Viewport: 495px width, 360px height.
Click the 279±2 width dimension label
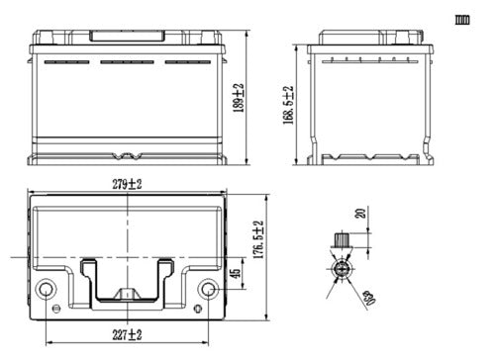tap(127, 184)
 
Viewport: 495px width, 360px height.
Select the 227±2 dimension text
tap(127, 335)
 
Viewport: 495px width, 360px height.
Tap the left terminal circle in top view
tap(47, 289)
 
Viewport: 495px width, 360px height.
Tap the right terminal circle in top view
tap(208, 289)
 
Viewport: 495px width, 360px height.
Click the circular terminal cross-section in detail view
tap(342, 269)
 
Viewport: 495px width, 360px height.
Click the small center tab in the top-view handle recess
tap(127, 294)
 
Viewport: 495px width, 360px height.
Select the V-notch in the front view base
tap(126, 156)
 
